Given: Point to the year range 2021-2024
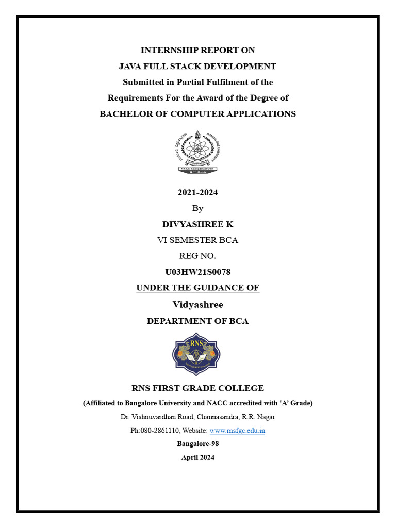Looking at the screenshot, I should tap(197, 193).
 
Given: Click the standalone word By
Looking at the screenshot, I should tap(197, 208).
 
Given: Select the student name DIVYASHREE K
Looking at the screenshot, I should tap(197, 224).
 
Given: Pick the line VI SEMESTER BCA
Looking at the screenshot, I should tap(197, 240).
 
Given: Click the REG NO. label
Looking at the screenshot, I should tap(197, 256).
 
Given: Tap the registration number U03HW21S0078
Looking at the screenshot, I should tap(197, 272).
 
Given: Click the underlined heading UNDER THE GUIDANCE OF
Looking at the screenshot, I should tap(197, 288).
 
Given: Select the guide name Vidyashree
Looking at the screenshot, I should tap(197, 305).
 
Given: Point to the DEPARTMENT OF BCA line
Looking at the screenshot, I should tap(197, 321).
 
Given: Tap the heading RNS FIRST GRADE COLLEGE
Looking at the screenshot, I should tap(197, 388).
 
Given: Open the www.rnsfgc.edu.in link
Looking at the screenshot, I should tap(237, 430).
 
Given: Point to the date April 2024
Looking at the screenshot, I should tap(197, 457).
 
